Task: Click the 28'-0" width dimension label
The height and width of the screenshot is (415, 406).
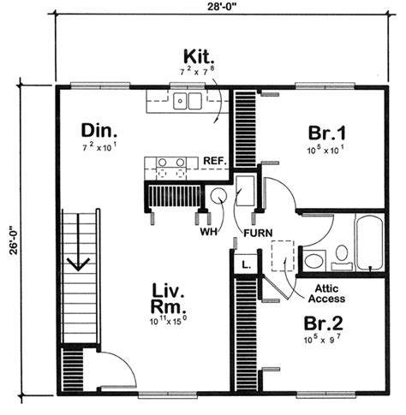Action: click(222, 6)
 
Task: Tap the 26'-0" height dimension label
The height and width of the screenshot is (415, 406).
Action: click(14, 240)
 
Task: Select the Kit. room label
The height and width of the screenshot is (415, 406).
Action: click(199, 56)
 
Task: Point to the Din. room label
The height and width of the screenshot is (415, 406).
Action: click(99, 131)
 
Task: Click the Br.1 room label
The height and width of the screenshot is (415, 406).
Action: click(327, 133)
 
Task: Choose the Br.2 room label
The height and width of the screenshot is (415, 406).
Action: click(324, 323)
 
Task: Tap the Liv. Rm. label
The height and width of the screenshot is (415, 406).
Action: click(168, 299)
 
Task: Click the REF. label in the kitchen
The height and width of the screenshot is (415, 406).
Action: click(215, 161)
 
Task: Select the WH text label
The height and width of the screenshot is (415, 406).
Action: click(208, 232)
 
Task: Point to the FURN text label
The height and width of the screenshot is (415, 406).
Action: click(258, 234)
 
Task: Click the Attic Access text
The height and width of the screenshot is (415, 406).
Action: click(326, 293)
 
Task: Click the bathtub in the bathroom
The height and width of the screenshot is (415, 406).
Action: click(369, 241)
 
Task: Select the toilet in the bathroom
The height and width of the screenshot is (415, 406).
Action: click(342, 258)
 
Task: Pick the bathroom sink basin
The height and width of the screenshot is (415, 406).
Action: click(313, 261)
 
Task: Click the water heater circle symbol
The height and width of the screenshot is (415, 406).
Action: click(218, 195)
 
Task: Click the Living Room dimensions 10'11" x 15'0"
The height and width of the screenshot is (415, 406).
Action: click(169, 321)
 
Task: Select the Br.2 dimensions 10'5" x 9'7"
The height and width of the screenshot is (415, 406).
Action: click(322, 339)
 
